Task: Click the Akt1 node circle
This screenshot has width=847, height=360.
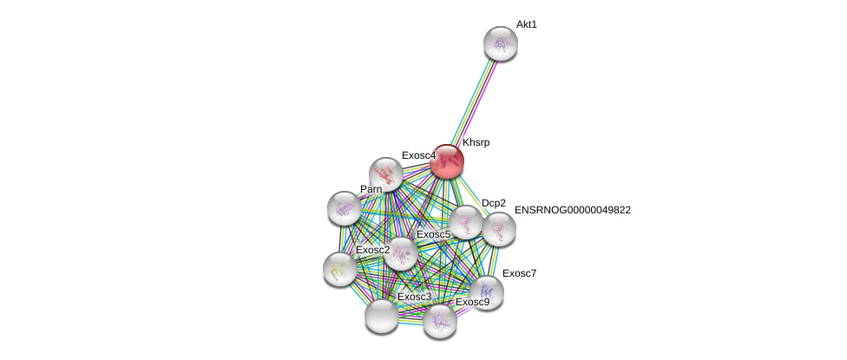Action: click(x=500, y=43)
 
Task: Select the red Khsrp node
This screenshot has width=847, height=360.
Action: click(x=447, y=161)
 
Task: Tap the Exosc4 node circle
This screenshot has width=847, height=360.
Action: click(x=385, y=174)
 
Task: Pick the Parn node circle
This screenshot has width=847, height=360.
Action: click(x=345, y=207)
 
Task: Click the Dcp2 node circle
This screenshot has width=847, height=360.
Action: click(x=466, y=222)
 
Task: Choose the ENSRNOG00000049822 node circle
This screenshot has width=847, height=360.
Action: click(x=499, y=229)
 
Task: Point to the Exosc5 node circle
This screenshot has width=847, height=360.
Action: click(x=401, y=253)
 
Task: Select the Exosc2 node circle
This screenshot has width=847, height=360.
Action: click(x=339, y=269)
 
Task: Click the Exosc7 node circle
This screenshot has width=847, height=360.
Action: click(x=486, y=291)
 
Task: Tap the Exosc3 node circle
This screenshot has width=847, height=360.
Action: click(x=382, y=316)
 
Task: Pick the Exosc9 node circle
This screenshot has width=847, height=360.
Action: click(x=440, y=321)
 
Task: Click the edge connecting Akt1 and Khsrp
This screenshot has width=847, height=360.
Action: click(x=474, y=101)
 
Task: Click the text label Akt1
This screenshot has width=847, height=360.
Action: click(x=526, y=24)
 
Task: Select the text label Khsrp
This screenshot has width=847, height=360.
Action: click(x=476, y=142)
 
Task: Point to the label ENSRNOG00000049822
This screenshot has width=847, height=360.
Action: click(x=572, y=210)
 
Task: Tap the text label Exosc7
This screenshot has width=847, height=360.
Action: click(x=519, y=273)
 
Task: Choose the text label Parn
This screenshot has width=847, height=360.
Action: click(x=371, y=189)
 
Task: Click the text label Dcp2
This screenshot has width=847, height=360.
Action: click(x=493, y=203)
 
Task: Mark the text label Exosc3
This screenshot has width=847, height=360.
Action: click(x=414, y=297)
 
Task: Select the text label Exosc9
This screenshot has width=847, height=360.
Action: click(x=472, y=302)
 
